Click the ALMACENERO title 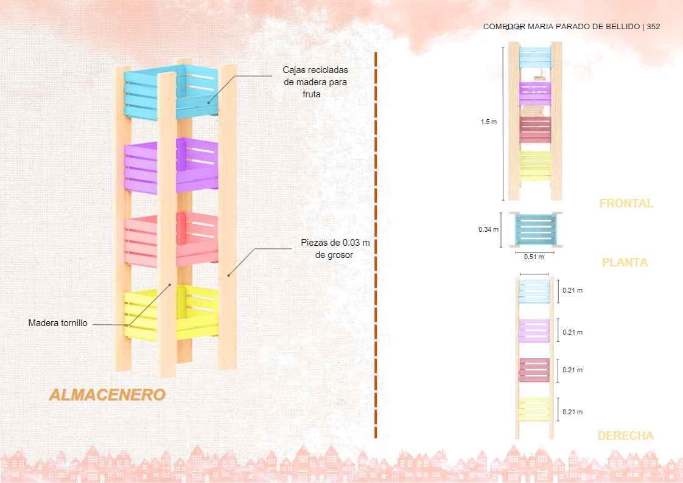[x=107, y=395]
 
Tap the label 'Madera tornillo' [x=58, y=323]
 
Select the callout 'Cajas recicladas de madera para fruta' [x=316, y=82]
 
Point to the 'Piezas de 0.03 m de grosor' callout [x=335, y=249]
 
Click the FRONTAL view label [x=626, y=204]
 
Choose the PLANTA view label [x=625, y=263]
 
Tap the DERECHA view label [x=625, y=436]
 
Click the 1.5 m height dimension [x=488, y=122]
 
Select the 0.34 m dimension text [x=488, y=229]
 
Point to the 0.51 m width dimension [x=534, y=257]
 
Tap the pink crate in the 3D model [x=196, y=238]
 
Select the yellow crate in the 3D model [x=196, y=310]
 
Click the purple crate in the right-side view [x=534, y=330]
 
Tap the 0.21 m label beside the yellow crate [x=572, y=412]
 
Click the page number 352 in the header [x=653, y=27]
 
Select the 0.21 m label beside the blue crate [x=572, y=290]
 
